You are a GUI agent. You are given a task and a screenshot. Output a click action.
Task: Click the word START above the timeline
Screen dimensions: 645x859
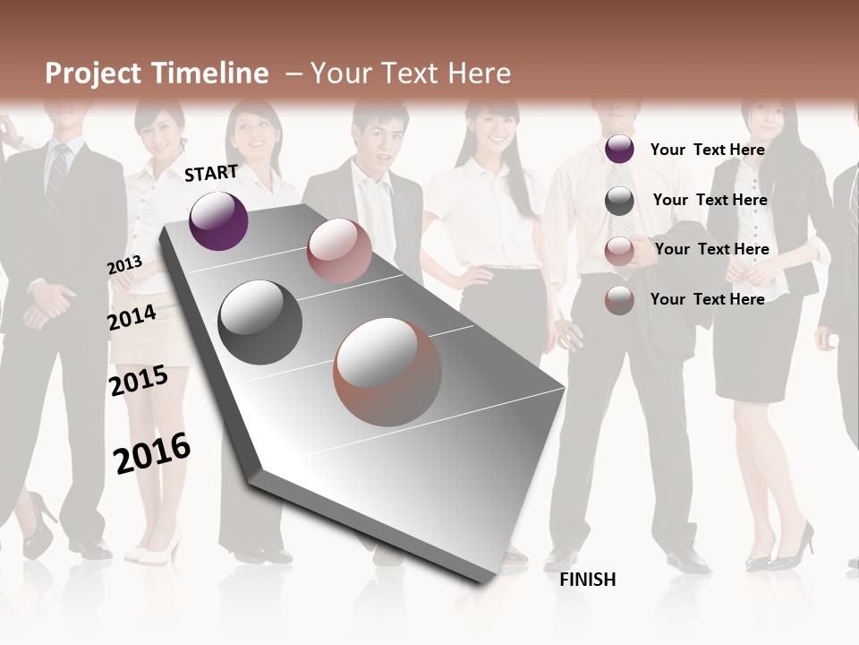tap(211, 173)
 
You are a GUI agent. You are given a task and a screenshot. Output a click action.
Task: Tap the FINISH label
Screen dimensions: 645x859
tap(588, 580)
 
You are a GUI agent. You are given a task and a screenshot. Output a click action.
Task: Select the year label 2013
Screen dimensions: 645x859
tap(125, 265)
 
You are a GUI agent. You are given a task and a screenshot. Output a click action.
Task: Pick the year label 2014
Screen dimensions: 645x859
tap(132, 317)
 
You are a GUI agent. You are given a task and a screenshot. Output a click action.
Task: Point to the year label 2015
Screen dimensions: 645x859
tap(139, 381)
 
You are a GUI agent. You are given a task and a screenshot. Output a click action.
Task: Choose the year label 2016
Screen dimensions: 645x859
tap(152, 452)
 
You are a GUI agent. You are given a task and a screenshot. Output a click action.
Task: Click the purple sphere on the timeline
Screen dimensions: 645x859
tap(218, 220)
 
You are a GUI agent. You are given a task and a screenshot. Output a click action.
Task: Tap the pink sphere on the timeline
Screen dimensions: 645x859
tap(339, 251)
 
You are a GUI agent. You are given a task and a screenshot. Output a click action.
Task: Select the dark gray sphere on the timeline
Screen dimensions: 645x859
tap(260, 322)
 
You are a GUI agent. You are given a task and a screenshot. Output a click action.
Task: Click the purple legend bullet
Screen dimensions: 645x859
tap(619, 150)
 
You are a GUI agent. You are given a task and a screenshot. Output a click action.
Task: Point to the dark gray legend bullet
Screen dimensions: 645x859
tap(619, 201)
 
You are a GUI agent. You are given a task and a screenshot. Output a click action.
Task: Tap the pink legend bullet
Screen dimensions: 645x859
tap(619, 251)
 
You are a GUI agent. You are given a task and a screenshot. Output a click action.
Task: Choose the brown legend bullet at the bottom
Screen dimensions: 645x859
tap(619, 300)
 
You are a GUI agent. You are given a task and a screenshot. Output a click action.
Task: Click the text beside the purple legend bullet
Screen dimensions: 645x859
tap(707, 150)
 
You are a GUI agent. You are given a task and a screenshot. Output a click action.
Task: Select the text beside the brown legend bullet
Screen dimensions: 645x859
tap(707, 299)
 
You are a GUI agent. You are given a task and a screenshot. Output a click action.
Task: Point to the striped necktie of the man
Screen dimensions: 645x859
tap(57, 176)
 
